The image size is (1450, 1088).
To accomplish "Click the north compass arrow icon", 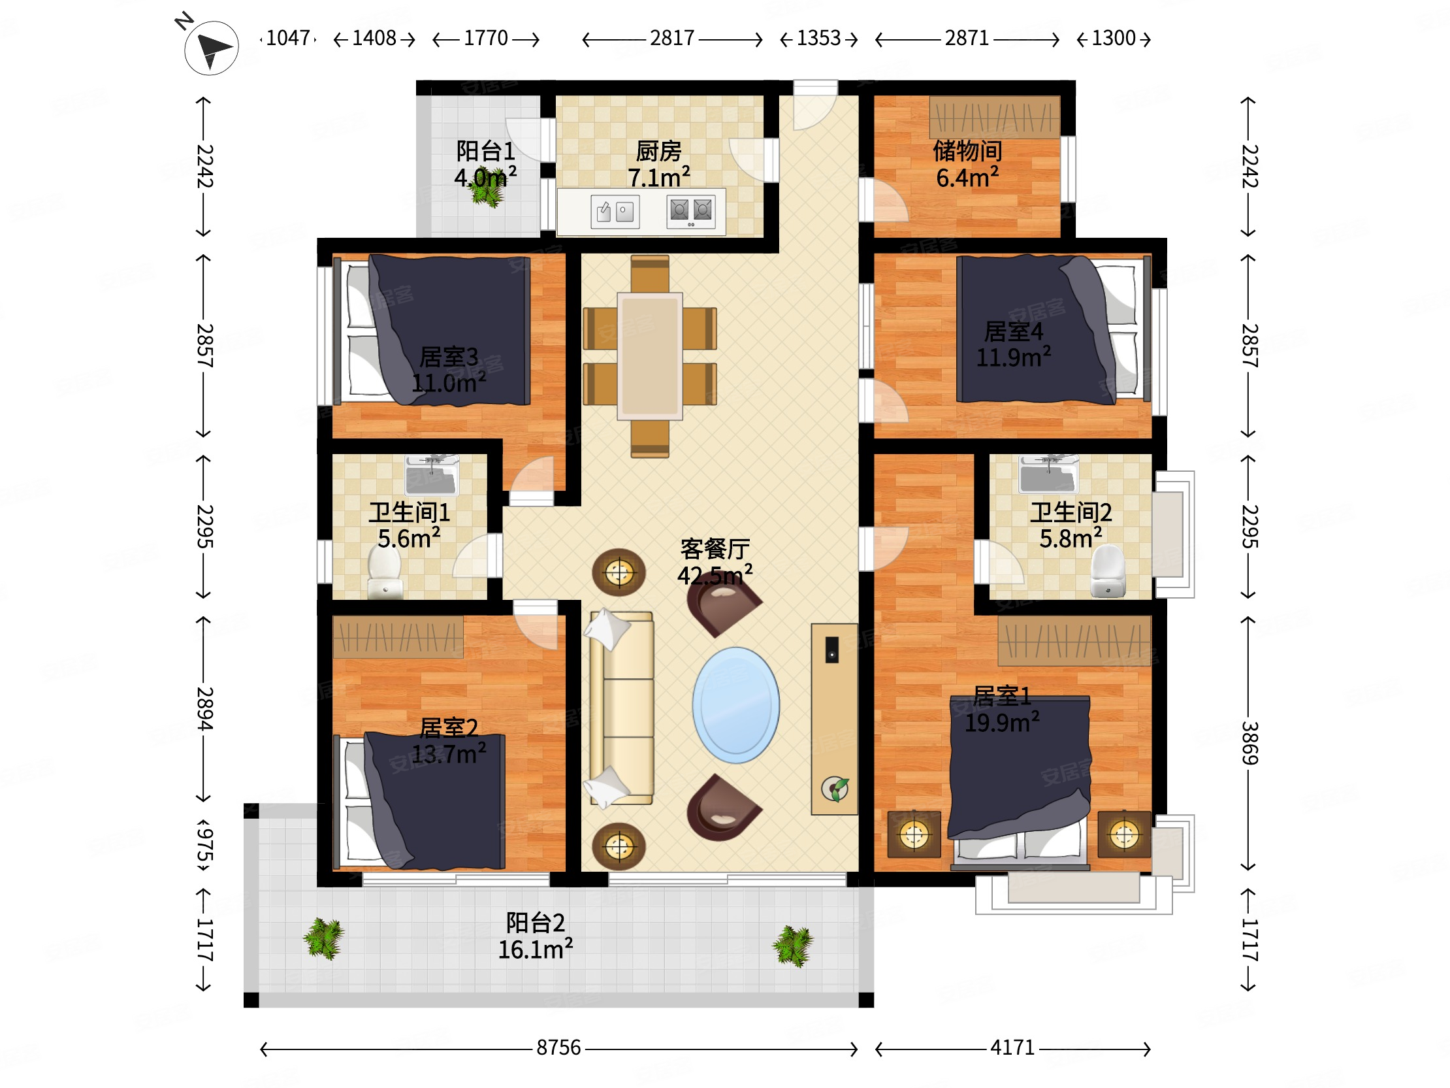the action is point(211,48).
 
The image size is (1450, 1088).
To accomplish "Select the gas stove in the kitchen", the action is point(691,211).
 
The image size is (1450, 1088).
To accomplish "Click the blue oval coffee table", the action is point(735,705).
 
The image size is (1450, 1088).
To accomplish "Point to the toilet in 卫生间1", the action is point(384,571).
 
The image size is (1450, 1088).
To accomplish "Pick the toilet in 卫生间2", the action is point(1108,571).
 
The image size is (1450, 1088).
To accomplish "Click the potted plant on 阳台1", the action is point(487,188).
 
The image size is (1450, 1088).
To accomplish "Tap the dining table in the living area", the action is point(650,355).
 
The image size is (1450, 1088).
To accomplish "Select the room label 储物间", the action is point(967,151).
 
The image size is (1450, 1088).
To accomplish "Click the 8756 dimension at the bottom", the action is point(558,1047).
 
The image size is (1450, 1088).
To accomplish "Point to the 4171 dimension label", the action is point(1012,1047).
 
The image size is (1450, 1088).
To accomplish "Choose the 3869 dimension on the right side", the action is point(1249,743).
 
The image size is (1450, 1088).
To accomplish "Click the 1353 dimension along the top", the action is point(818,38).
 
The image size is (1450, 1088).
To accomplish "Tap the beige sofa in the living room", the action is point(621,708).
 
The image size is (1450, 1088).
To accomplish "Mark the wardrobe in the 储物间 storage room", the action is point(994,118).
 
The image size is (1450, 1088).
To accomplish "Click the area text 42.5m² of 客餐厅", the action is point(715,574).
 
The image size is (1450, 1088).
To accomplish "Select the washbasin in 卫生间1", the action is point(431,475).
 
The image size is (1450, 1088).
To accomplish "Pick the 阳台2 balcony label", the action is point(535,923).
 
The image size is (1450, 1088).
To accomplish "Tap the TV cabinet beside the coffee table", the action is point(835,719).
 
